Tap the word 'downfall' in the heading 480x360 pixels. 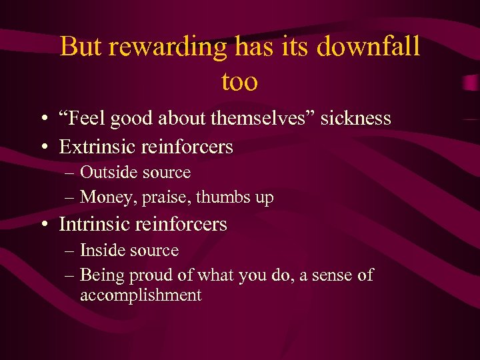click(x=368, y=47)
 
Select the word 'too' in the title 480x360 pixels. click(x=239, y=81)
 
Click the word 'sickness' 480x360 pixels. click(x=356, y=119)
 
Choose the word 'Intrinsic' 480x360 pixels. click(x=95, y=225)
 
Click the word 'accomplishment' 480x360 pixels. click(x=141, y=295)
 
